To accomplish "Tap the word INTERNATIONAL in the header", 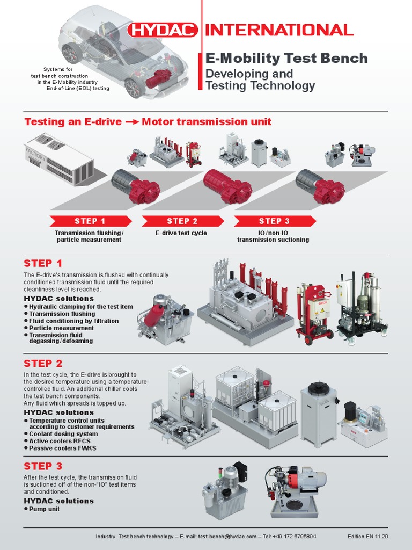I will (279, 30).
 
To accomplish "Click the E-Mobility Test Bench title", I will (287, 58).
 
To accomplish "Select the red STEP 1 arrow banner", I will (90, 221).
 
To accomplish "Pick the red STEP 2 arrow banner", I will (182, 221).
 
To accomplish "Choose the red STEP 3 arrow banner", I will (274, 221).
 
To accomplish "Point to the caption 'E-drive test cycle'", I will (181, 233).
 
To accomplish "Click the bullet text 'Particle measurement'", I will (61, 328).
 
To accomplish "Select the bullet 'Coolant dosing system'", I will (63, 433).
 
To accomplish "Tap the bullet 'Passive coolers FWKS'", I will (62, 448).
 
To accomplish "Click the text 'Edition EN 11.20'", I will (367, 537).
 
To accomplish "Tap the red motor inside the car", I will (158, 79).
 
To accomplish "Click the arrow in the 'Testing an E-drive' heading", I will (132, 122).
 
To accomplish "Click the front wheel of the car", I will (134, 87).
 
